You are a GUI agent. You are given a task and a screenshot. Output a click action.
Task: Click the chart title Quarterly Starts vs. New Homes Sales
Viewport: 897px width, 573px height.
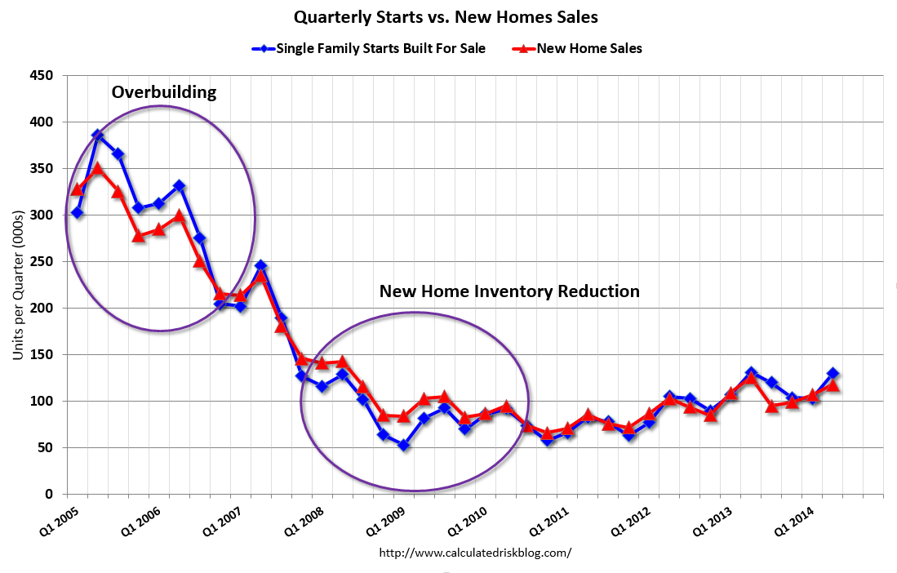(448, 16)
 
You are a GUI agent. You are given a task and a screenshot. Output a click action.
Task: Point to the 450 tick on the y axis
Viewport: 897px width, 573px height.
(42, 76)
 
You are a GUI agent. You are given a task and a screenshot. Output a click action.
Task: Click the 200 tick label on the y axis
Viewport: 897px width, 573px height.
(42, 309)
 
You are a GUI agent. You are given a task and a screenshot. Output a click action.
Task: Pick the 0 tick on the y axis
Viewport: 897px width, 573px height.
(48, 495)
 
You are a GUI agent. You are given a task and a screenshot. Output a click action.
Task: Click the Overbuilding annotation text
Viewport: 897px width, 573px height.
(164, 91)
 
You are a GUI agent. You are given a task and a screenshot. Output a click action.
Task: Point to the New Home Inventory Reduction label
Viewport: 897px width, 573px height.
(509, 291)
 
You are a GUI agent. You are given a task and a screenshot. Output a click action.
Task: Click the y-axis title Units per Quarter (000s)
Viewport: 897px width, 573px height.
(19, 285)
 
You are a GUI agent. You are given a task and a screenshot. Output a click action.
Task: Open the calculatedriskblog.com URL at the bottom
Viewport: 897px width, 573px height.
(475, 553)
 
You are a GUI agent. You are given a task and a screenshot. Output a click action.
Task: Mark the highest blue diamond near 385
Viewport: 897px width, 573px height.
(97, 135)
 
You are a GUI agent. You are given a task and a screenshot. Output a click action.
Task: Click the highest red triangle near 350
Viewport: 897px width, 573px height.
(97, 169)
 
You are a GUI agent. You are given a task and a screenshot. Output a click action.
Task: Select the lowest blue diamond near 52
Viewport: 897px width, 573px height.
(403, 446)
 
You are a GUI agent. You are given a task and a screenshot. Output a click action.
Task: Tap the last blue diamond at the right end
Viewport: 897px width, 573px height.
(833, 373)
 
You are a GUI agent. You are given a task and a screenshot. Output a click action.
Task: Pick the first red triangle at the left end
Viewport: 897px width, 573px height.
(78, 189)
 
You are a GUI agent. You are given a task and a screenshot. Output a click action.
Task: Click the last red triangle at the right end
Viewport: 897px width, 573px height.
(833, 384)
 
